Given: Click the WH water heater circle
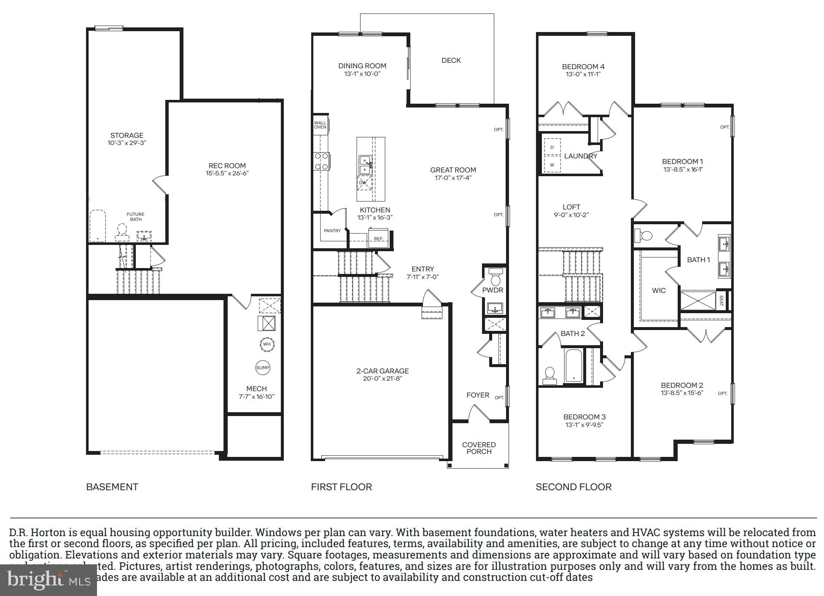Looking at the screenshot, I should [x=267, y=344].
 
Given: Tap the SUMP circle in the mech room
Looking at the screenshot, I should [x=262, y=368].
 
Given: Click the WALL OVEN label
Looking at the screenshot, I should [x=320, y=125].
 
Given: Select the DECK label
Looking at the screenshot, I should [x=451, y=60].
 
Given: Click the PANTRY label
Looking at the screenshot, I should [x=332, y=231].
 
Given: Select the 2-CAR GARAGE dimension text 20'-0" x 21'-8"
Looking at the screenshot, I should [x=382, y=379].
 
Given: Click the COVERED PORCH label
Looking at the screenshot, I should [x=479, y=448].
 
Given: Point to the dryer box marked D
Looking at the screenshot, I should [x=552, y=147].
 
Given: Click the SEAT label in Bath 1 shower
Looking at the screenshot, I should [x=721, y=301].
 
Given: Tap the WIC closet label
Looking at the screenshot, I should [x=659, y=290].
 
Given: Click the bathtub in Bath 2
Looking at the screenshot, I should [x=574, y=365].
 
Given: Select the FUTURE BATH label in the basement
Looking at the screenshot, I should [x=135, y=217].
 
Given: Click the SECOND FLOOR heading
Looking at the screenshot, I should [x=574, y=487].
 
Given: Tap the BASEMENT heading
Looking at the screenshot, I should [x=112, y=487].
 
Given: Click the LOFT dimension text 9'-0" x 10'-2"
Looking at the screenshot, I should [x=571, y=215].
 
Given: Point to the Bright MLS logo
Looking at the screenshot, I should [x=48, y=580].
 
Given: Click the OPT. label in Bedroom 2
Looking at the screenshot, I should [x=722, y=393].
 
